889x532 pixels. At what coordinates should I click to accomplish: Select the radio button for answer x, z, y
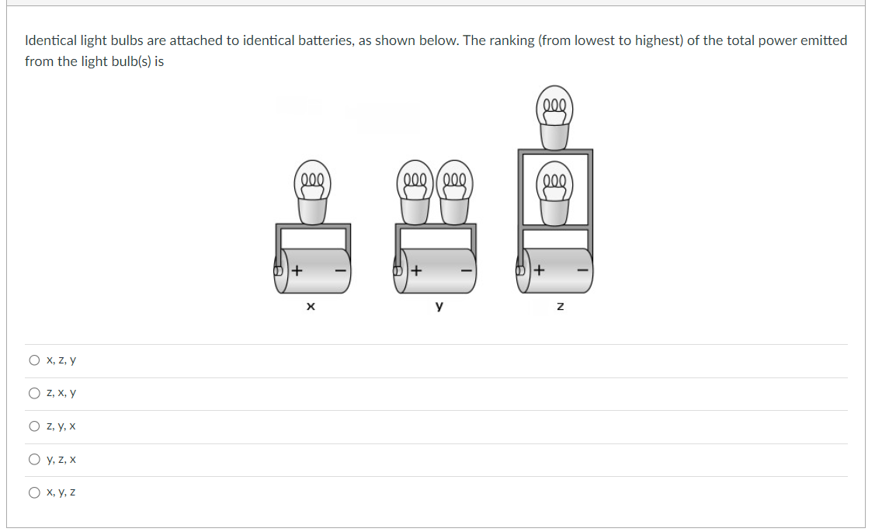[34, 360]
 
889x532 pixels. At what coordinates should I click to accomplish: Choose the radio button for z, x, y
[34, 394]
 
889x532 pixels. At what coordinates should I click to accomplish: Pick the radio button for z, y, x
[34, 426]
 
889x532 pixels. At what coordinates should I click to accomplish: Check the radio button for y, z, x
[34, 460]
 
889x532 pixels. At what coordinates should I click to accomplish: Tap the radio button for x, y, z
[34, 492]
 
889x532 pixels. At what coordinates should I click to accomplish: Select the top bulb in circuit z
[554, 121]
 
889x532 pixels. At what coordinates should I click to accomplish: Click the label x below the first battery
[310, 308]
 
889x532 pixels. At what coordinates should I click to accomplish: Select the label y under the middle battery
[439, 308]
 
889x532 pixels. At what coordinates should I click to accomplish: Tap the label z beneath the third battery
[560, 308]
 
